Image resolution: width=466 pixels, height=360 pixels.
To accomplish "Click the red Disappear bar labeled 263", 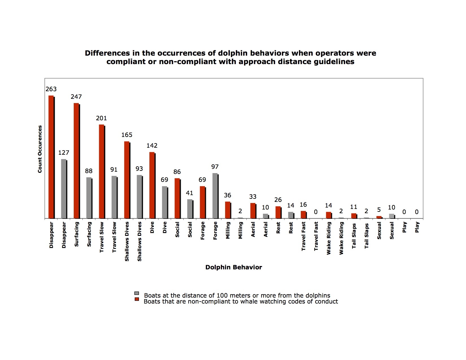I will pos(51,157).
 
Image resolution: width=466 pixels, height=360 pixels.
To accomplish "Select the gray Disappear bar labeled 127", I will pos(64,189).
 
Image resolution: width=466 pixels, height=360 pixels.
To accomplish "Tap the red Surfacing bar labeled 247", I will pos(76,161).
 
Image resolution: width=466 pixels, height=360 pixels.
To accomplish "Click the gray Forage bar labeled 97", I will pos(215,196).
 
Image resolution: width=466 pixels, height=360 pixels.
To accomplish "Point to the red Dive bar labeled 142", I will pos(152,185).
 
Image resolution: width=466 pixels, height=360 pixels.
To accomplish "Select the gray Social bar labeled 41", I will pos(190,209).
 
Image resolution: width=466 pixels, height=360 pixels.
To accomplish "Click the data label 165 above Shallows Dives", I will pos(127,135).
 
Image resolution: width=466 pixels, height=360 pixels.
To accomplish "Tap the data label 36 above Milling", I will pos(228,195).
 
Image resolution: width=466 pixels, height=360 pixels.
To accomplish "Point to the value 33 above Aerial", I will pos(253,197).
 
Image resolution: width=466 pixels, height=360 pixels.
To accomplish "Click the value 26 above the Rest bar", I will pos(278,200).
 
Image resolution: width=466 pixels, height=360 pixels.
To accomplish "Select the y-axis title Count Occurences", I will pos(40,149).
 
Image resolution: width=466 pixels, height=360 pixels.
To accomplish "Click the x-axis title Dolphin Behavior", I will pos(234,267).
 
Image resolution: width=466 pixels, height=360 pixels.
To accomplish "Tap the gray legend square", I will pos(137,293).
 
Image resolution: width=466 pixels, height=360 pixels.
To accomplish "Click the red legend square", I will pos(137,299).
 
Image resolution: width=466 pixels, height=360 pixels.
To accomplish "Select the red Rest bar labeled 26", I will pos(278,212).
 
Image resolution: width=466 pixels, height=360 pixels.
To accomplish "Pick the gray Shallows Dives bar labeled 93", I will pos(140,197).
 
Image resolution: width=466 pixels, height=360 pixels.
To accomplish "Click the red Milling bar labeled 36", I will pos(228,210).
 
